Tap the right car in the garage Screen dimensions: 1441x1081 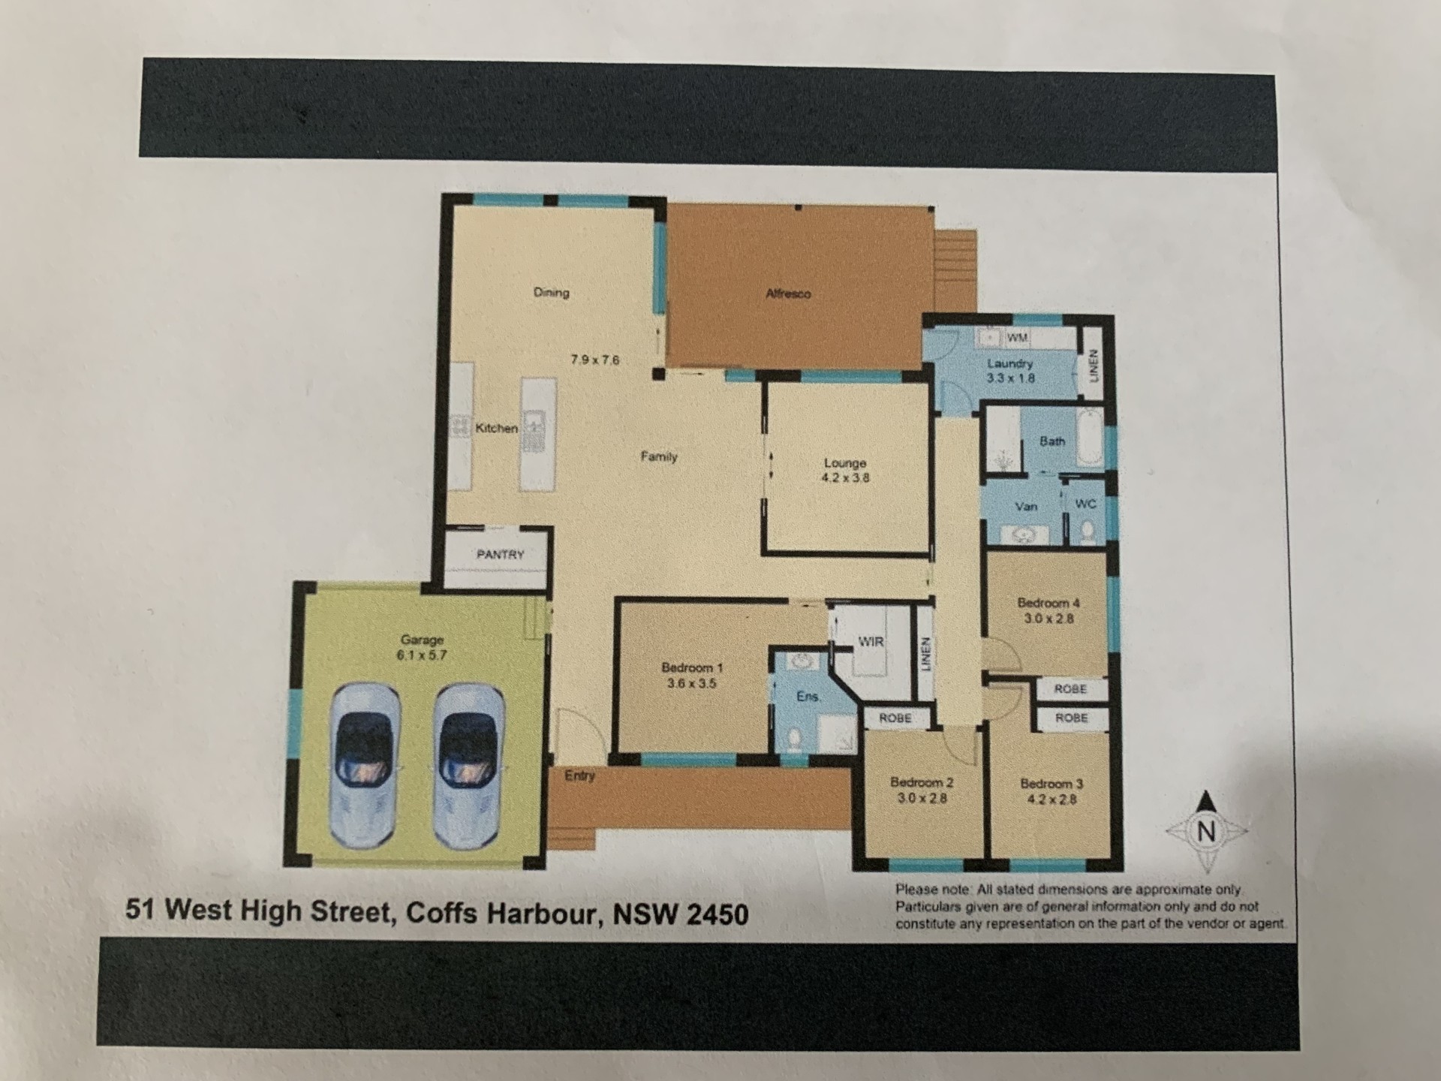pyautogui.click(x=468, y=766)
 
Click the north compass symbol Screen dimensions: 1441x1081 pyautogui.click(x=1206, y=831)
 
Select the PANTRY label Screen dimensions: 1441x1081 pyautogui.click(x=500, y=555)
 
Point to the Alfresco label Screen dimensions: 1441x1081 pyautogui.click(x=788, y=294)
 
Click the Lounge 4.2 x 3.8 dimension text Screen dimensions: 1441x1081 pyautogui.click(x=845, y=477)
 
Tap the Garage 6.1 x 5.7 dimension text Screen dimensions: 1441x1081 pyautogui.click(x=422, y=655)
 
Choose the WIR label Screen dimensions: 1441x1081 pyautogui.click(x=871, y=642)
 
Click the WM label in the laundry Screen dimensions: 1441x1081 pyautogui.click(x=1017, y=338)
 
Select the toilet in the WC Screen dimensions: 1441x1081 pyautogui.click(x=1087, y=531)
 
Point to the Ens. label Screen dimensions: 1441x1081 pyautogui.click(x=808, y=697)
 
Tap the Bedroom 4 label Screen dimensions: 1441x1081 pyautogui.click(x=1048, y=603)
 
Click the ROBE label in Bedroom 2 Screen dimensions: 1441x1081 pyautogui.click(x=895, y=718)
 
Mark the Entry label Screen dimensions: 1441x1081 pyautogui.click(x=579, y=776)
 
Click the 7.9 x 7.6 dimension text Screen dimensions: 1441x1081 pyautogui.click(x=595, y=360)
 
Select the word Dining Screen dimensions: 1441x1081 pyautogui.click(x=552, y=293)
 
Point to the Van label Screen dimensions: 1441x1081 pyautogui.click(x=1026, y=507)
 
